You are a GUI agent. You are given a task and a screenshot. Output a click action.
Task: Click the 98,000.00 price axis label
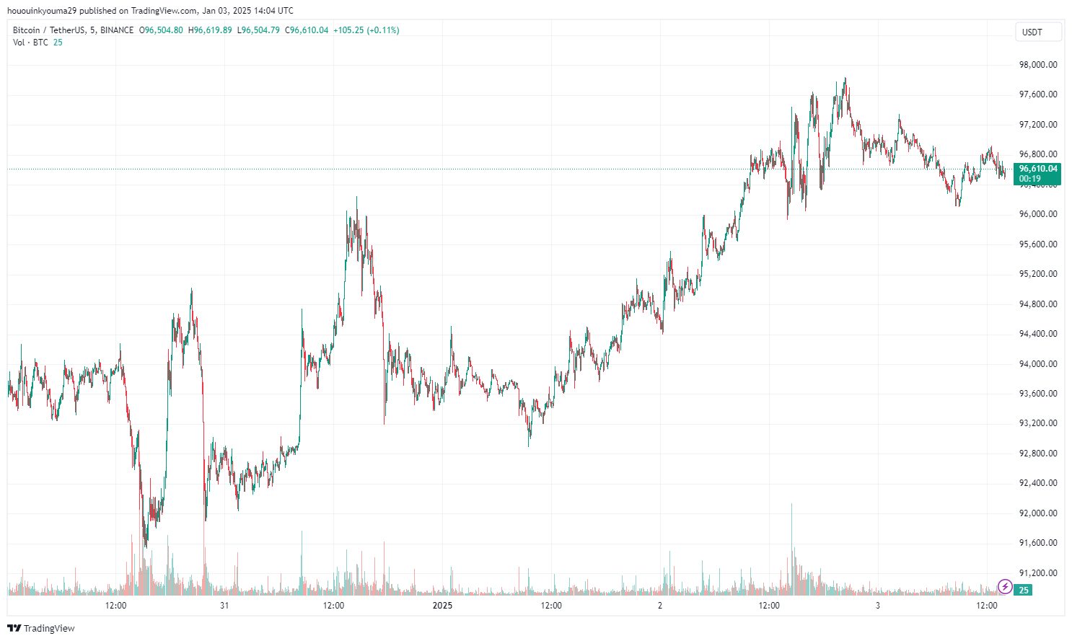tap(1037, 65)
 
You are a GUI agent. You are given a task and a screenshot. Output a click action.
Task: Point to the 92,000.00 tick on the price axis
tap(1037, 513)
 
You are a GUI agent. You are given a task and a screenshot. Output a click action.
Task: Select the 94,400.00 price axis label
tap(1037, 334)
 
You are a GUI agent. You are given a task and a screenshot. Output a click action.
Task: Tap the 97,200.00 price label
tap(1037, 125)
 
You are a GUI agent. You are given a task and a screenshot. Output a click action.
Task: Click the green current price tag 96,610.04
tap(1037, 169)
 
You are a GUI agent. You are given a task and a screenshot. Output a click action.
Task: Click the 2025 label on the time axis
tap(442, 606)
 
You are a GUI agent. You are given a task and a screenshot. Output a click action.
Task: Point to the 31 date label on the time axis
tap(224, 606)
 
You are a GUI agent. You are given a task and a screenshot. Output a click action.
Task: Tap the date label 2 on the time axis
tap(660, 606)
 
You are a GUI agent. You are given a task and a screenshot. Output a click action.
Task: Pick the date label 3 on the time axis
tap(878, 606)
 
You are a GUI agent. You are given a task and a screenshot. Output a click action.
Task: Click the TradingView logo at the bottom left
tap(41, 629)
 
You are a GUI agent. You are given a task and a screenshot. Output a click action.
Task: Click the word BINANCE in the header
tap(117, 30)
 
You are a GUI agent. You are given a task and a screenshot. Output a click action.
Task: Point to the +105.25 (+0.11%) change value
tap(366, 30)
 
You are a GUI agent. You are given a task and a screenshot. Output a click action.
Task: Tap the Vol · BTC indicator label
tap(30, 43)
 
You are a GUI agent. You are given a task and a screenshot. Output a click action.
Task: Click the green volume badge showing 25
tap(1023, 591)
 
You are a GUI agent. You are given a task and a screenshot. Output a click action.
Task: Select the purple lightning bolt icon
tap(1004, 587)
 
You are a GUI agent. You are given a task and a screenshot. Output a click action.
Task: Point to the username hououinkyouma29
tap(41, 11)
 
